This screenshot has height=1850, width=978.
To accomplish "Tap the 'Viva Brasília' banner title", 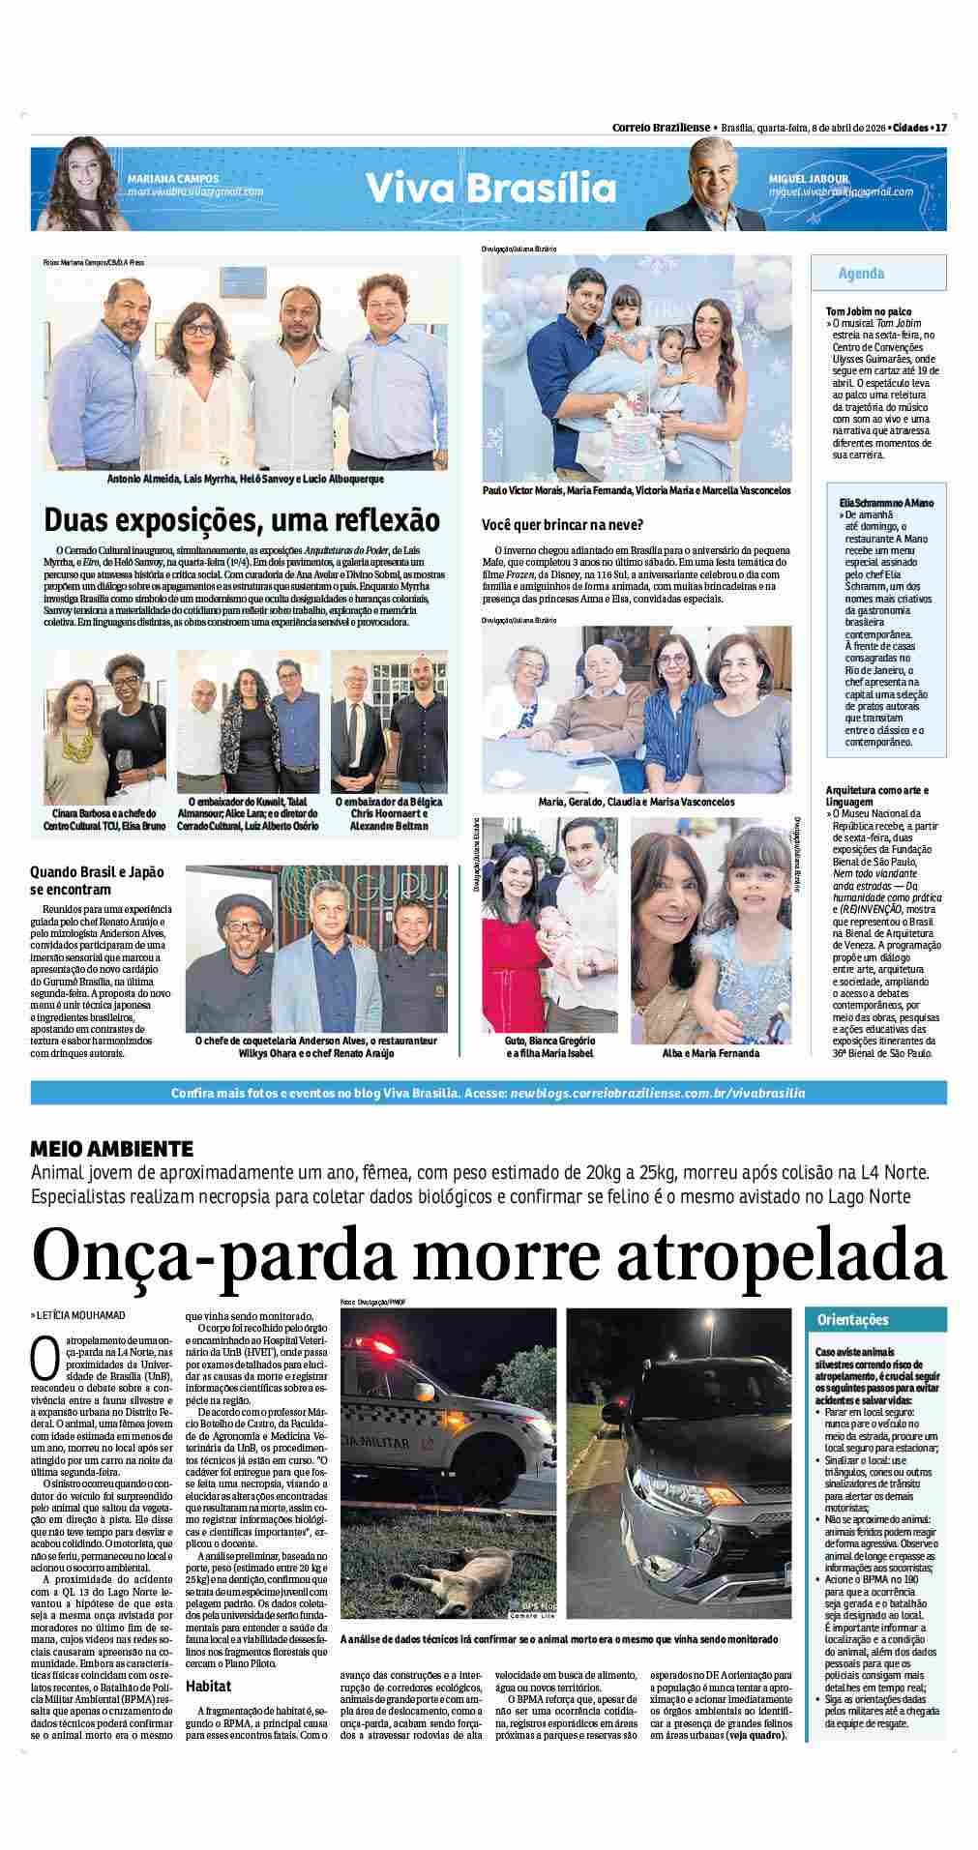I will (x=490, y=188).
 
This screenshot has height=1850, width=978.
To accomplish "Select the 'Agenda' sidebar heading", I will (x=861, y=274).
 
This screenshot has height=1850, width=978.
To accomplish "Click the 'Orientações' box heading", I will (x=852, y=1319).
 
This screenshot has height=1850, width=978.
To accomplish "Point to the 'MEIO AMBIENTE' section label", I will (x=112, y=1149).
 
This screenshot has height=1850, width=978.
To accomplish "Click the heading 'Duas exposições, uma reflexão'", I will (x=242, y=520).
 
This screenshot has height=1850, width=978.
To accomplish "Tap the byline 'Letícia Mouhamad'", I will (x=81, y=1316).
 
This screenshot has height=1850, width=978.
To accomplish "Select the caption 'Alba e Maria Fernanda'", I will (x=711, y=1052).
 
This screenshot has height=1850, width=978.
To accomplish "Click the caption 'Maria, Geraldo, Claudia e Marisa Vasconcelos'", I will (x=637, y=802).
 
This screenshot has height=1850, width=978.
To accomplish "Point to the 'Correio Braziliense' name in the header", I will (x=661, y=128).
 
